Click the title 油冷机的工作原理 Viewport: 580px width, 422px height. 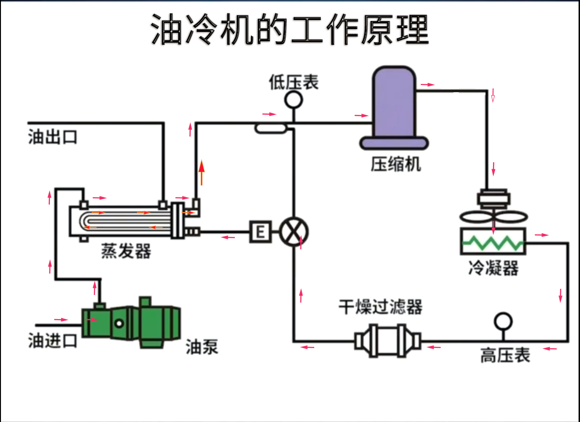click(290, 29)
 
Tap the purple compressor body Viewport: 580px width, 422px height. click(394, 105)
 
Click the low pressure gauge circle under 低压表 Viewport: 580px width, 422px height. click(293, 99)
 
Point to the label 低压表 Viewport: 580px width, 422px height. click(293, 82)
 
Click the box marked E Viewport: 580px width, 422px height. click(260, 232)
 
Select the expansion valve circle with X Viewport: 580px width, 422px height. click(294, 232)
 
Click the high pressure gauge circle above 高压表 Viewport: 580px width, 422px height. click(502, 321)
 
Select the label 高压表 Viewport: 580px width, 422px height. click(504, 355)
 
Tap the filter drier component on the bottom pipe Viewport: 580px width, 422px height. click(387, 340)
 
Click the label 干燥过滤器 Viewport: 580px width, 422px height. click(380, 307)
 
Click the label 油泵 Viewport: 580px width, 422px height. click(202, 347)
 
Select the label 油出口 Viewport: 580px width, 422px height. click(52, 137)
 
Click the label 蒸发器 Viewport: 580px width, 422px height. click(126, 251)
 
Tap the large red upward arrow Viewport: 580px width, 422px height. click(202, 172)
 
